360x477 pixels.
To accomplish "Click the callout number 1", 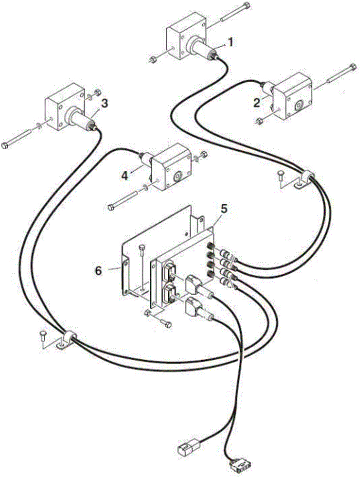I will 231,42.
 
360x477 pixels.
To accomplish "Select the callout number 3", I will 104,103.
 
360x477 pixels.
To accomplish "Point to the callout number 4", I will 124,176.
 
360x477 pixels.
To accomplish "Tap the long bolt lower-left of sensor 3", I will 19,138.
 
